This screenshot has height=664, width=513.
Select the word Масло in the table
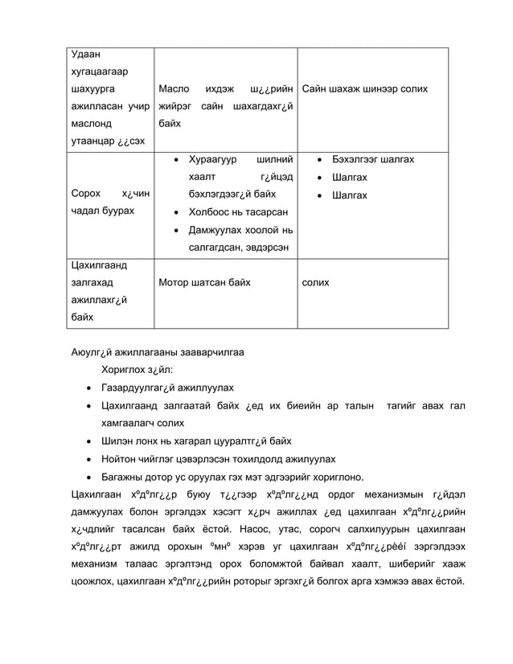click(x=174, y=88)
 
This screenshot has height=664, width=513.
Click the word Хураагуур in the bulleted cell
click(x=213, y=159)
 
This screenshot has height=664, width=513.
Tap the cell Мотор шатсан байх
click(x=205, y=283)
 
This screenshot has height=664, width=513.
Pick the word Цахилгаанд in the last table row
click(x=89, y=265)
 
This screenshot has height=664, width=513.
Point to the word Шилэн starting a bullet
click(x=117, y=441)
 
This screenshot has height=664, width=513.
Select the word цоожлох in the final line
click(x=87, y=582)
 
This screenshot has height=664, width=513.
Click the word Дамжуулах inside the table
click(x=215, y=230)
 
